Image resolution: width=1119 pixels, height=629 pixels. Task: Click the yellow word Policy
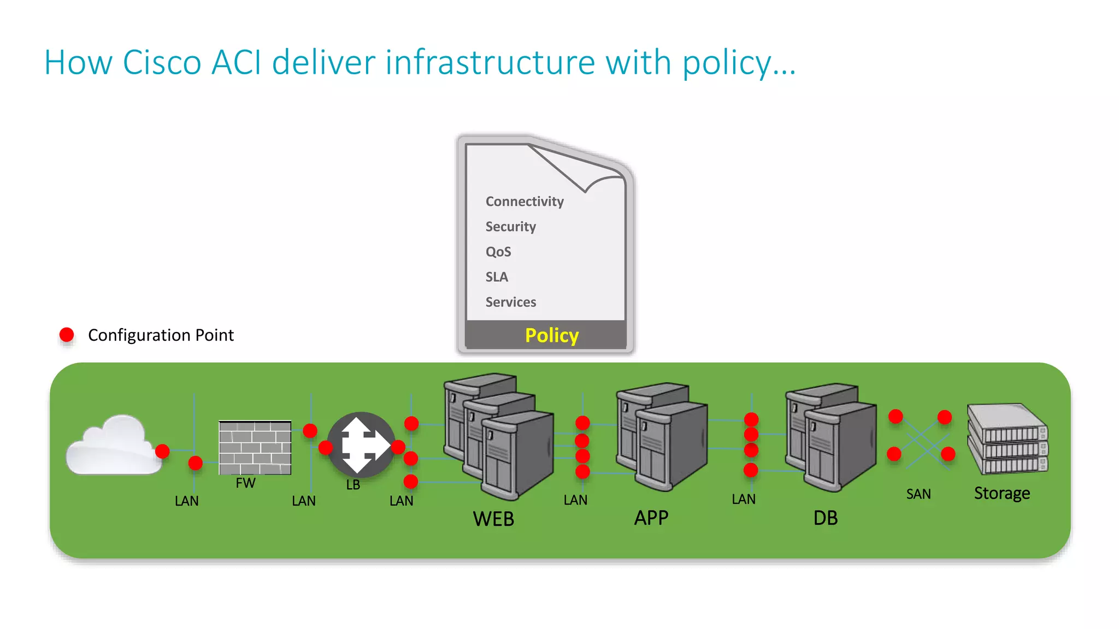point(551,335)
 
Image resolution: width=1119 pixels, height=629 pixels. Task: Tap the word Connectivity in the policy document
point(524,201)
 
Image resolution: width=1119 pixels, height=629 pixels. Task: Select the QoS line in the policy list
point(498,252)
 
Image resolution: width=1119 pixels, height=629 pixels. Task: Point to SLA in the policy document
point(496,277)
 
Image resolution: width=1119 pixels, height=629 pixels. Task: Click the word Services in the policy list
point(510,302)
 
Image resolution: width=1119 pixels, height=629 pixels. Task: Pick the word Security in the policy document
point(510,227)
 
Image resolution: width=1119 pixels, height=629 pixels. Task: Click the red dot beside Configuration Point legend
point(67,335)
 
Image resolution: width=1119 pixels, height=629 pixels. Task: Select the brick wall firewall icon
point(255,447)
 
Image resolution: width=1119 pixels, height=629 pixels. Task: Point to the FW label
point(245,483)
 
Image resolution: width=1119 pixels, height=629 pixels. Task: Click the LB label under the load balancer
point(353,484)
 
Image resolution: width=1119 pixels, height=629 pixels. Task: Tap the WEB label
point(493,519)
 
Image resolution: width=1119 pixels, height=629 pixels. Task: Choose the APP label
point(651,518)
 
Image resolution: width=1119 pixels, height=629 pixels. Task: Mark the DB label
point(825,518)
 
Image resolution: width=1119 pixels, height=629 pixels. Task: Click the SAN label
point(918,494)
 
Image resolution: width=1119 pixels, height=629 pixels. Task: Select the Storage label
point(1002,493)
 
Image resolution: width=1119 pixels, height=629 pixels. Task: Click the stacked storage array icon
point(1007,439)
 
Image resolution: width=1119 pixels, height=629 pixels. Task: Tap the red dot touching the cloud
point(162,451)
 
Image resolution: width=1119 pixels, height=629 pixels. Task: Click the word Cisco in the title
point(162,62)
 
